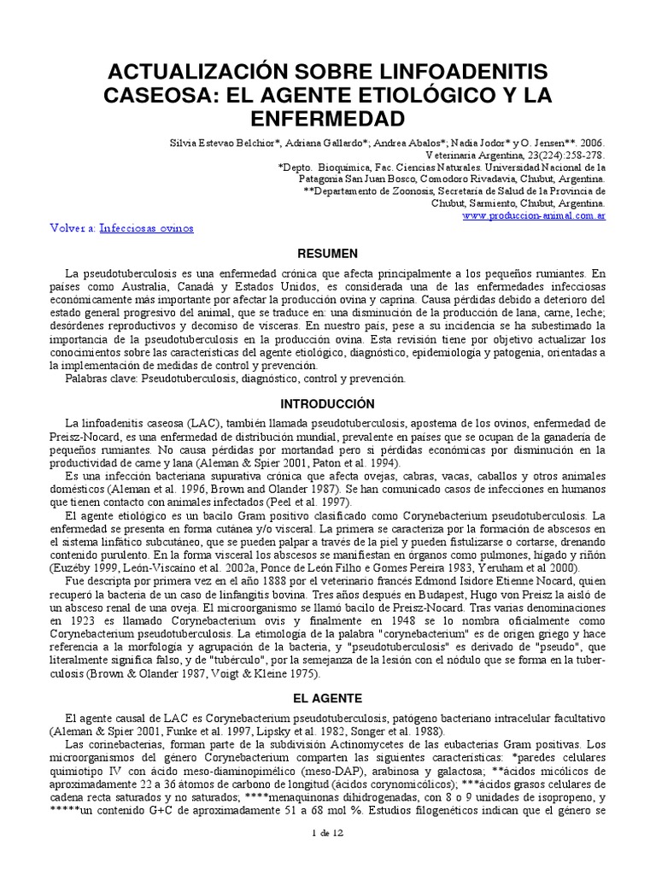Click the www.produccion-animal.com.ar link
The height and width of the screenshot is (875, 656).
pos(534,217)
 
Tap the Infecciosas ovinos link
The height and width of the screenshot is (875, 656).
pos(146,229)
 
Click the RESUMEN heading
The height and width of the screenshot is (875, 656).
pos(327,254)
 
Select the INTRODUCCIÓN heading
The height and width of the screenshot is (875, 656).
pos(327,403)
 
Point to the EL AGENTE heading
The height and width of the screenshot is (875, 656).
pos(327,698)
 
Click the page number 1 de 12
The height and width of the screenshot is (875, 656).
pos(327,854)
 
